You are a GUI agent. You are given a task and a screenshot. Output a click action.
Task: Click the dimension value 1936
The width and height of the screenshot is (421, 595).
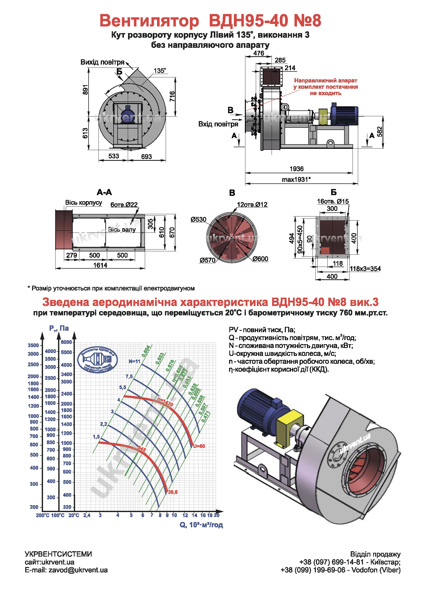[296, 169]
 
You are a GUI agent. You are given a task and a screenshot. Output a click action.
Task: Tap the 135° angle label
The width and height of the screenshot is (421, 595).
[160, 71]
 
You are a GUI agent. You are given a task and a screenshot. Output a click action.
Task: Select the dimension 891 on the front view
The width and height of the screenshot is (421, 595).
[85, 89]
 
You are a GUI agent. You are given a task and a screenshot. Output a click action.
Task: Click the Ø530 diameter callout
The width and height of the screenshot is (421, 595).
[198, 220]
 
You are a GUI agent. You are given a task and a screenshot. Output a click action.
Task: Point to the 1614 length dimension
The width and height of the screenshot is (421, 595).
[100, 265]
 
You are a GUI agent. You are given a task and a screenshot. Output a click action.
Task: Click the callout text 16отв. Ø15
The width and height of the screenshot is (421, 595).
[333, 201]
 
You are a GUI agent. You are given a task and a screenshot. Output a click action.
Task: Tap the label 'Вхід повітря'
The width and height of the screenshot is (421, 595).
[218, 124]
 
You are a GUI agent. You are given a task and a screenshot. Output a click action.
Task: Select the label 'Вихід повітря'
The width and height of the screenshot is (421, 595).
[102, 62]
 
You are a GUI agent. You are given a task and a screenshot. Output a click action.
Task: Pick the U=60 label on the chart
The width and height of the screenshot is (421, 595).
[199, 446]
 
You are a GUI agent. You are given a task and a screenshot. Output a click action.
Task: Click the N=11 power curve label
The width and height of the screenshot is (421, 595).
[134, 361]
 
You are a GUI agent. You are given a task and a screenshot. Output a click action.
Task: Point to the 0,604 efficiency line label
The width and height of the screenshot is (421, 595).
[146, 351]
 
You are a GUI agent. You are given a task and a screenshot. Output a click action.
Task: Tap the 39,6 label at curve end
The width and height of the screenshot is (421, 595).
[173, 492]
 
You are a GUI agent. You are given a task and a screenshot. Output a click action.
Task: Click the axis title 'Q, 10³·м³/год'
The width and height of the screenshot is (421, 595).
[201, 525]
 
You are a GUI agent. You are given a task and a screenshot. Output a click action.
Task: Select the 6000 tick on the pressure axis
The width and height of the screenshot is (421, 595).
[66, 342]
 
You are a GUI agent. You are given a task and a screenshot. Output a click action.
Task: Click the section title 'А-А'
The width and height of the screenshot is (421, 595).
[104, 192]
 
